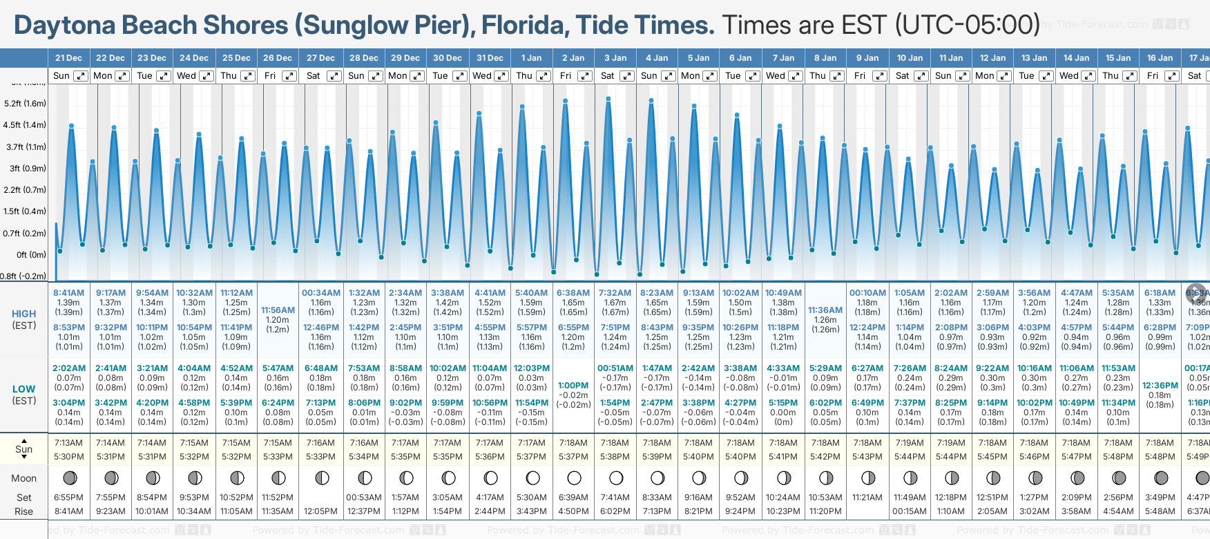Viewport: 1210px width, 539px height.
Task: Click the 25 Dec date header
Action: click(x=236, y=58)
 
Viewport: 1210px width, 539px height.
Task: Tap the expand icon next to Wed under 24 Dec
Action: click(x=206, y=76)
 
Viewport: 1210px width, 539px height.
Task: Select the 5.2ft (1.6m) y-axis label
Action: click(x=25, y=104)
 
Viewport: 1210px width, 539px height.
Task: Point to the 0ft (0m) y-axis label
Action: click(x=31, y=254)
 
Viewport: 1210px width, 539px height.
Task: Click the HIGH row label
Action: click(x=24, y=314)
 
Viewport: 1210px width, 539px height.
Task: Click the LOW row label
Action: click(x=24, y=389)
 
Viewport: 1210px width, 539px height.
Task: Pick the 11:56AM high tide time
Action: click(x=278, y=310)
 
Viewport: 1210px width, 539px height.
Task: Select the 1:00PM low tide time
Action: click(x=573, y=386)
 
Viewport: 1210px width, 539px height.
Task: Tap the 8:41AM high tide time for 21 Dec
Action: click(x=68, y=293)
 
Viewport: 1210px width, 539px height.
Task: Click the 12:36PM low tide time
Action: click(x=1160, y=386)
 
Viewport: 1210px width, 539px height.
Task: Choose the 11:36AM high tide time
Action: click(x=825, y=310)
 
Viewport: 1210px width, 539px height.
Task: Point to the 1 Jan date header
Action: click(x=531, y=58)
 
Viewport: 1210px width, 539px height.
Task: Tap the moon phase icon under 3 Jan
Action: click(x=616, y=477)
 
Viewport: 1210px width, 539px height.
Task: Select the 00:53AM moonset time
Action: click(x=364, y=498)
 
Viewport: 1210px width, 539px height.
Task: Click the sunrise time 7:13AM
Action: click(x=68, y=443)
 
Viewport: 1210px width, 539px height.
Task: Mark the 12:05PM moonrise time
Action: click(x=321, y=511)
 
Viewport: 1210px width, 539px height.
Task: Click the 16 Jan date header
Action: click(x=1160, y=58)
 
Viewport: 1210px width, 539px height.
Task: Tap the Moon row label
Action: click(x=24, y=478)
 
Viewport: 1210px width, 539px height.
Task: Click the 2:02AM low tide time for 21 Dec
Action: click(x=68, y=368)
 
